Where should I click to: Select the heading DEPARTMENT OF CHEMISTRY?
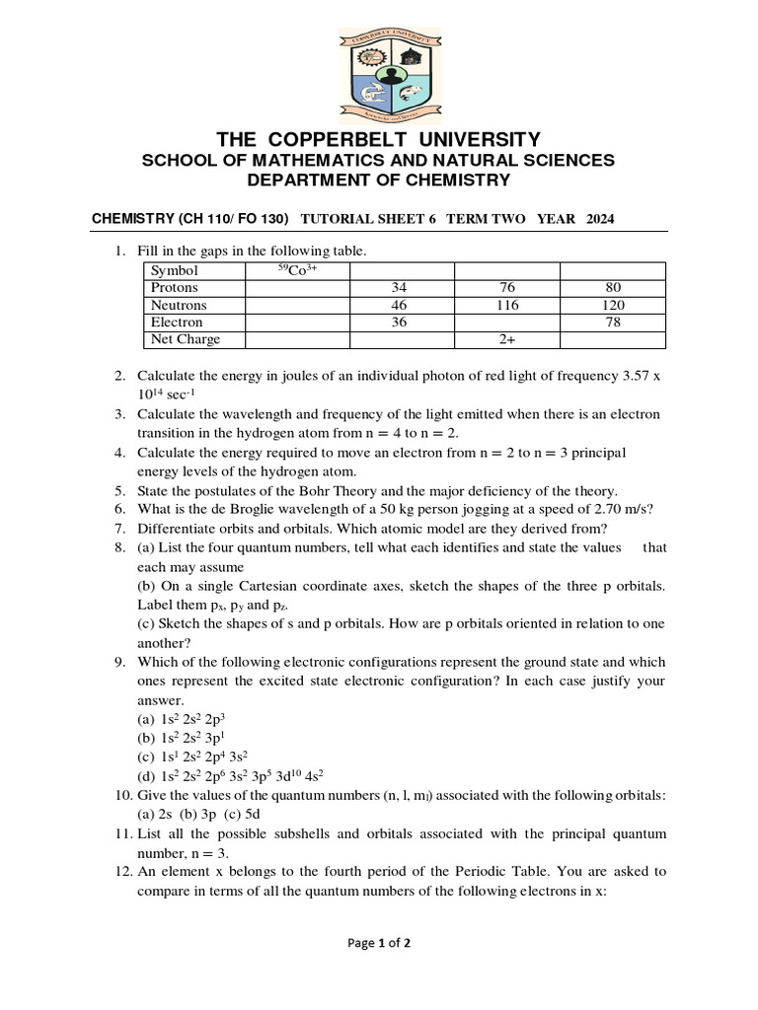[378, 180]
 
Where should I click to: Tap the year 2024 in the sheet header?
[600, 219]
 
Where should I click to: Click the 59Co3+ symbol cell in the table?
[296, 270]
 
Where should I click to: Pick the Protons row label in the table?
[175, 288]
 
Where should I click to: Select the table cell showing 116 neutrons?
[506, 305]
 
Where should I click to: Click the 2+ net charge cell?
[506, 339]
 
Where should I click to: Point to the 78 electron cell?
[612, 323]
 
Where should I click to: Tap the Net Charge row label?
[186, 339]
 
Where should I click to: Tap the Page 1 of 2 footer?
[379, 943]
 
